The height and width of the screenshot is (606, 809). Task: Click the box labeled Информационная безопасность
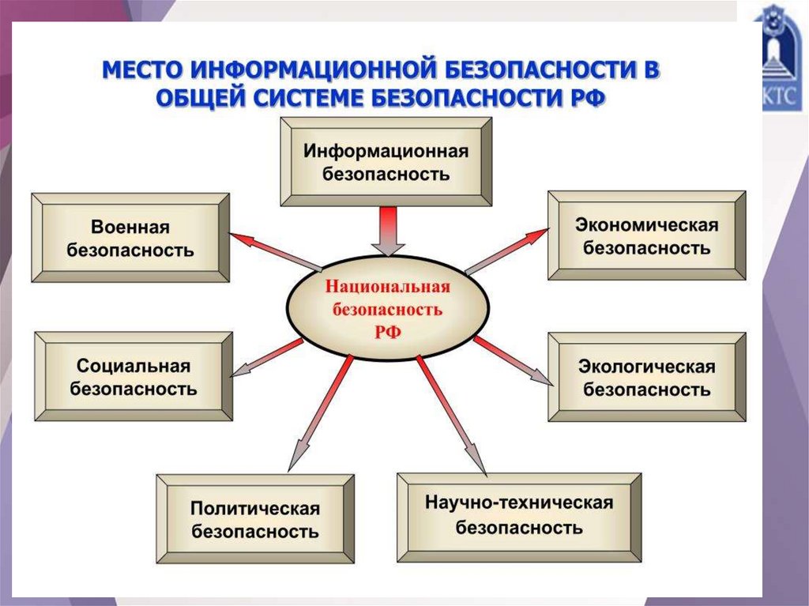click(x=386, y=162)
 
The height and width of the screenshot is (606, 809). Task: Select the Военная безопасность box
click(x=130, y=239)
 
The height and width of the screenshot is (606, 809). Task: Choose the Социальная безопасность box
click(x=134, y=377)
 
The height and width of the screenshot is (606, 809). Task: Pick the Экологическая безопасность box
click(x=646, y=378)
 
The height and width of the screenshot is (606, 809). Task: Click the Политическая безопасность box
click(x=254, y=519)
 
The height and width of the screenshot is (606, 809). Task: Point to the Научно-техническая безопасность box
click(x=519, y=514)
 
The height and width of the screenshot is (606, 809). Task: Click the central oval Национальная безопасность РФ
click(x=386, y=309)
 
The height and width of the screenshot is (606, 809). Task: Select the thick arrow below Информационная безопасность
click(x=386, y=230)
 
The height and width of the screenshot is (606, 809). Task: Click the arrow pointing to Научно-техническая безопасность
click(x=452, y=415)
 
